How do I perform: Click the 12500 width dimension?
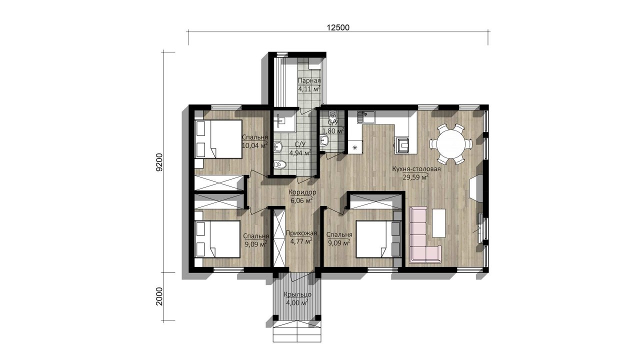point(338,27)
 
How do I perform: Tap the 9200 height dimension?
point(159,162)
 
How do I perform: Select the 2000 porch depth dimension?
point(159,296)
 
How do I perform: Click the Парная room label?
point(309,81)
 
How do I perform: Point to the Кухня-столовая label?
point(416,169)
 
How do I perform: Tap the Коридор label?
point(302,192)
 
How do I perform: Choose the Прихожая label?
point(301,233)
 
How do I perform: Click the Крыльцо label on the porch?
point(297,294)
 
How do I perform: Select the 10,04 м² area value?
point(255,145)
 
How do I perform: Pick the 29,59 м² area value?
point(415,177)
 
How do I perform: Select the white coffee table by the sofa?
point(439,223)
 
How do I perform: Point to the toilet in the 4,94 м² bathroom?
point(280,164)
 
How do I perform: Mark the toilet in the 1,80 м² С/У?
point(332,116)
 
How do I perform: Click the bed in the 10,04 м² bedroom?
point(218,139)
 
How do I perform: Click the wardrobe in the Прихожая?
point(279,238)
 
